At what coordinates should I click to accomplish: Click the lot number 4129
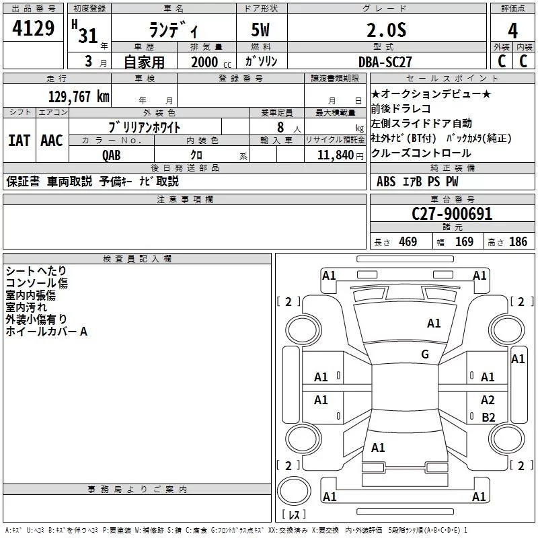33,30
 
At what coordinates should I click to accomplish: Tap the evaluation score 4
513,31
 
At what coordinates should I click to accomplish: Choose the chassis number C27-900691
452,215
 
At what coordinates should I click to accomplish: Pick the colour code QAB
112,154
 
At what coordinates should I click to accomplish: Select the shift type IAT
19,141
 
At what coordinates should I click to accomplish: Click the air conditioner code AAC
52,141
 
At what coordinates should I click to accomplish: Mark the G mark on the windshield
425,354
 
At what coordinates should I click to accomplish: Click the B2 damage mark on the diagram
488,417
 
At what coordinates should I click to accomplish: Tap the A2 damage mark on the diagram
488,400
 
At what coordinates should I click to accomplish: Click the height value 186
518,242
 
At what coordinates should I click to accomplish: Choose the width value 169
464,242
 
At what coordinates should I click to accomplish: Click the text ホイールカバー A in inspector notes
46,332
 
